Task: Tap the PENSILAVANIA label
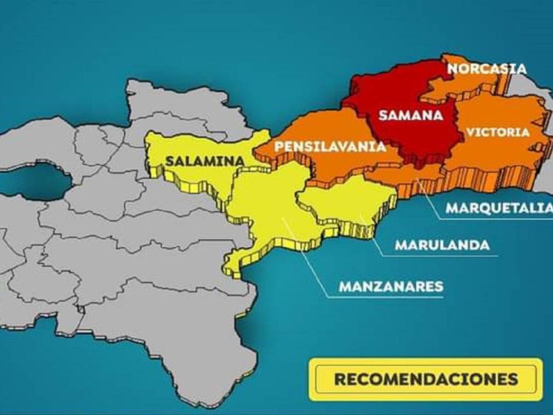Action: (330, 147)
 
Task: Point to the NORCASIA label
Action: (487, 69)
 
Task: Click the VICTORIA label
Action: (498, 132)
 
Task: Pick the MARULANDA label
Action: (442, 245)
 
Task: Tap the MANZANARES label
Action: (391, 286)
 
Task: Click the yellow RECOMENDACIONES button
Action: (426, 379)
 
